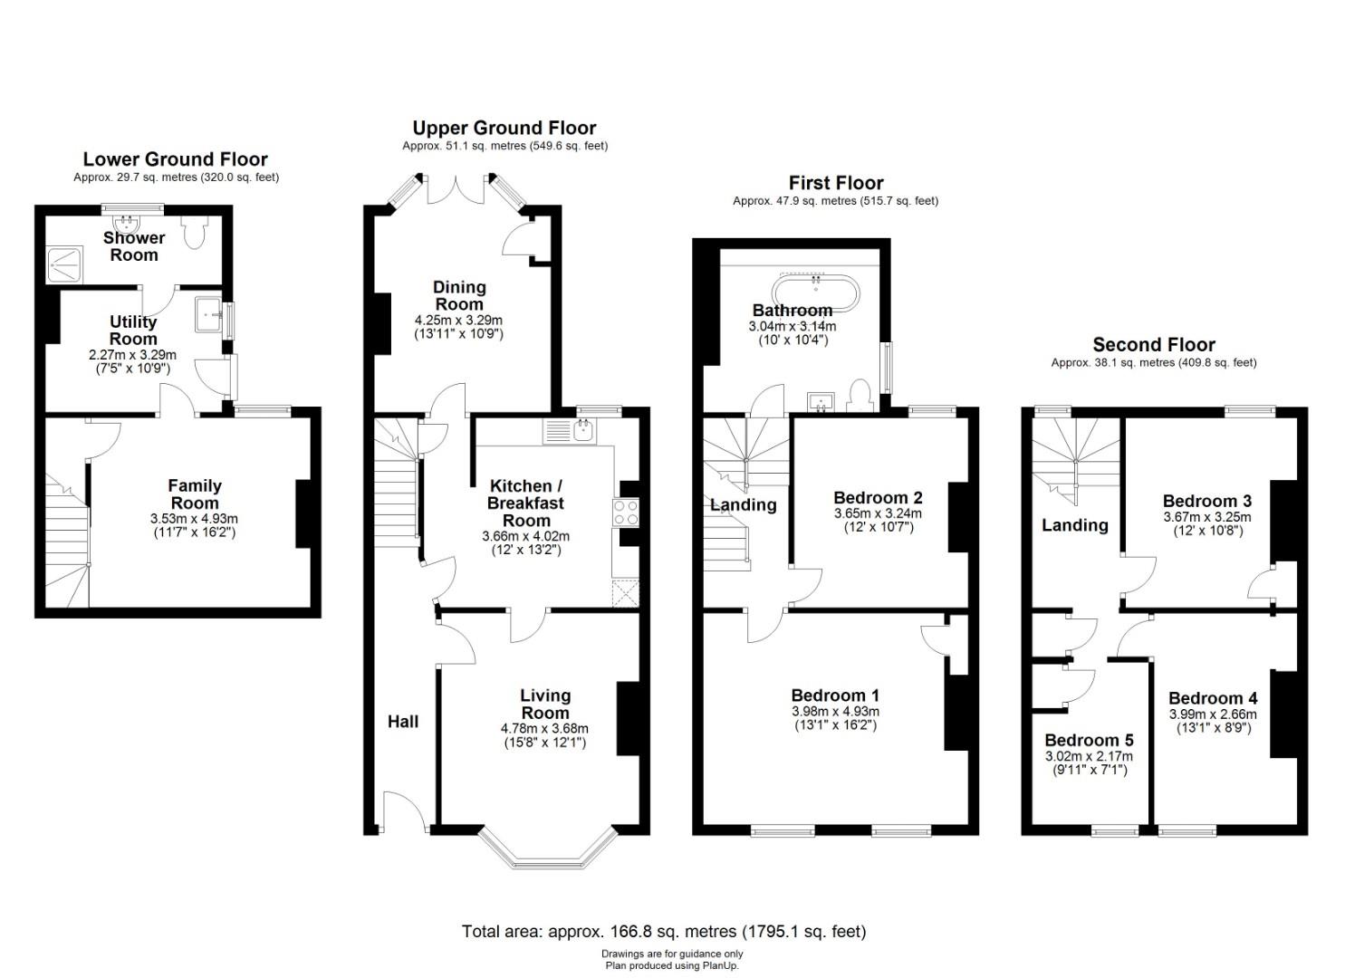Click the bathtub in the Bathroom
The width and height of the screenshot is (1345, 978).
pos(815,293)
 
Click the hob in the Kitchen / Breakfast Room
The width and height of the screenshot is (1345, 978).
pos(625,513)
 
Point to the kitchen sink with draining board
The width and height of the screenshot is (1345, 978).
pos(569,432)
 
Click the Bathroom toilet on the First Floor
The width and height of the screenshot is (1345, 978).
pos(861,395)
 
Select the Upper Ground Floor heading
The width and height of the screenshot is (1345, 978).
pos(504,128)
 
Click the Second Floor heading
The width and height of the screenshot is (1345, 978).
pos(1154,345)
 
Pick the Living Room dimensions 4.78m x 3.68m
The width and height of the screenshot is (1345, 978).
pos(544,728)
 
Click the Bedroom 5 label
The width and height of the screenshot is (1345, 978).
pos(1089,740)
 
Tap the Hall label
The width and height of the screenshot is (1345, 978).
pos(403,721)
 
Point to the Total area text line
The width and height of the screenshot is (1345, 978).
pos(664,931)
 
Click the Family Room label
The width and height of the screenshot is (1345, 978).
pos(195,494)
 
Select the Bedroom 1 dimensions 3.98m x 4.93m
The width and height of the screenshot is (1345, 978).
pos(836,712)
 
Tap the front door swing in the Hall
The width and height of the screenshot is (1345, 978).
pos(407,811)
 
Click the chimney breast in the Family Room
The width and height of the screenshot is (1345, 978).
pos(303,514)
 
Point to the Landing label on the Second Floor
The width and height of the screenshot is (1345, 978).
pos(1075,525)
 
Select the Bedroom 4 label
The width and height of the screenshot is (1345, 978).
pos(1213,698)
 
